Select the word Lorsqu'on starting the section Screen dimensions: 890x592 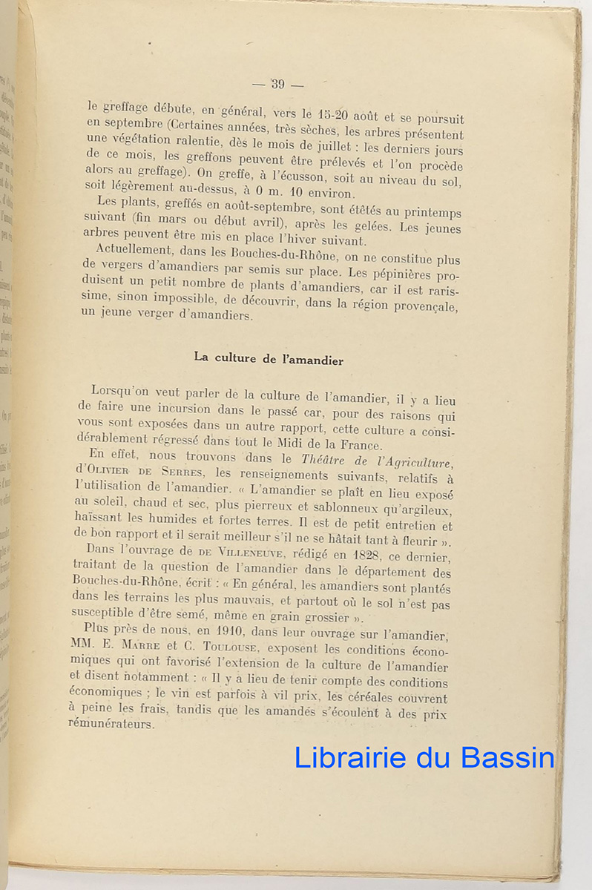tap(125, 391)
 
